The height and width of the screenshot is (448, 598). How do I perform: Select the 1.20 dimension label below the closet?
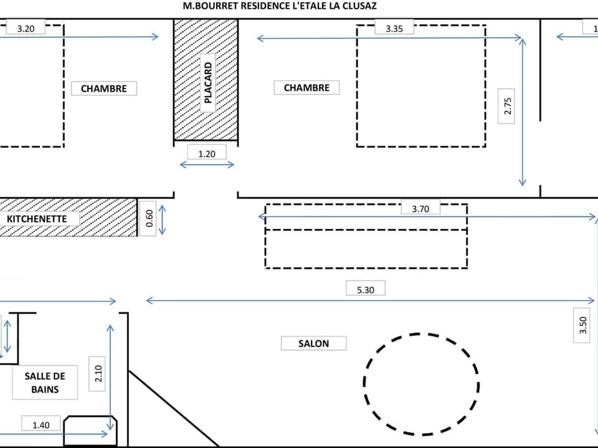tap(207, 152)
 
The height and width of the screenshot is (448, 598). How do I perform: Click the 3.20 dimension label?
tap(26, 28)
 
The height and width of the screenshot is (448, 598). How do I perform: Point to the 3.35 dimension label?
tap(394, 28)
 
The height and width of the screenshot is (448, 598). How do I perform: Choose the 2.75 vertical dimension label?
tap(508, 106)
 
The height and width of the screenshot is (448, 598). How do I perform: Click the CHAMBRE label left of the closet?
tap(103, 88)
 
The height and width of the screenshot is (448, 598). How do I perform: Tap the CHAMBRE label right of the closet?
tap(306, 88)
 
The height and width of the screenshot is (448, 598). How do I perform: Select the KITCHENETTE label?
tap(37, 219)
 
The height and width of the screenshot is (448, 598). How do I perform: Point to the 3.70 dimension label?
tap(420, 209)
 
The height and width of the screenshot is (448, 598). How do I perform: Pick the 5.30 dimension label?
tap(366, 289)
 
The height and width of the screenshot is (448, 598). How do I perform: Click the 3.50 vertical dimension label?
tap(582, 325)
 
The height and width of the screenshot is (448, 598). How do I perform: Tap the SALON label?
tap(313, 343)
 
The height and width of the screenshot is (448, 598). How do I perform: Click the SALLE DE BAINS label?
tap(45, 382)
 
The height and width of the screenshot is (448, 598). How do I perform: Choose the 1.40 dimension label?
tap(40, 424)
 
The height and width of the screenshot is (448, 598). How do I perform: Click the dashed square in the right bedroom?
tap(421, 86)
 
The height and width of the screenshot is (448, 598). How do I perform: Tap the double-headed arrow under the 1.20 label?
tap(207, 165)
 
